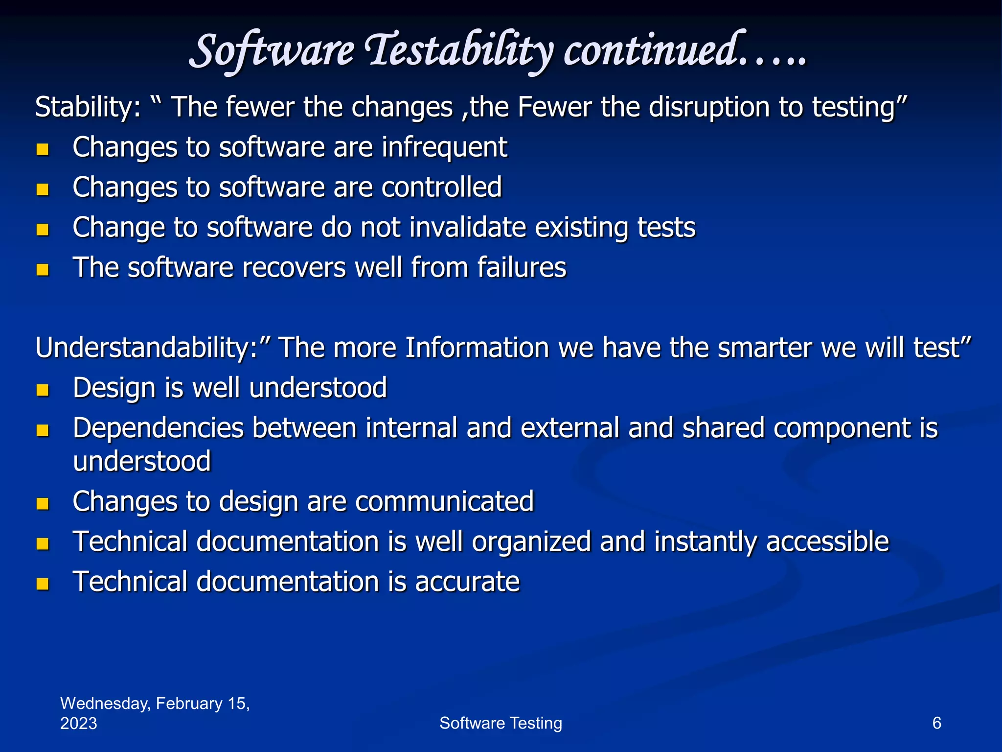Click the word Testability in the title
click(x=460, y=51)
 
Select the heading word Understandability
click(x=146, y=348)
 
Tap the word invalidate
click(x=467, y=227)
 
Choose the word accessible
click(x=827, y=541)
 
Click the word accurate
click(x=467, y=582)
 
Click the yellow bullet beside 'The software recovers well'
click(x=43, y=269)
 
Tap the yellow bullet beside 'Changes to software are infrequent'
click(x=43, y=149)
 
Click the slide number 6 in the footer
click(x=936, y=723)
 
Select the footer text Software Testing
click(x=501, y=723)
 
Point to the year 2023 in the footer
click(x=78, y=724)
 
